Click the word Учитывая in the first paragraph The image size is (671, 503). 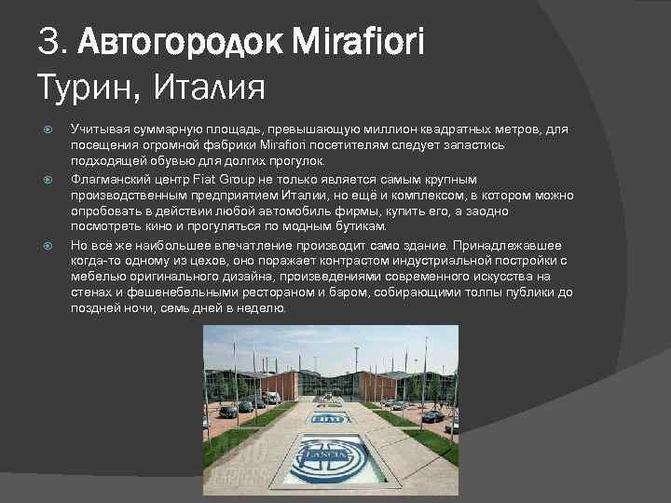click(100, 129)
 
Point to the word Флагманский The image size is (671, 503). click(113, 178)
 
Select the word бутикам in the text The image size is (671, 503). click(358, 226)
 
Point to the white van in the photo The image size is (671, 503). click(271, 397)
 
